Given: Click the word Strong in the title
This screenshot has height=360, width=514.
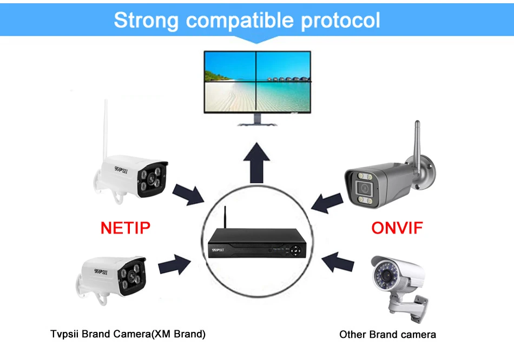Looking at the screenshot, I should pos(146,21).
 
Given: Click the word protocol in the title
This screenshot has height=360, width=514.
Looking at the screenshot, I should pos(340,21).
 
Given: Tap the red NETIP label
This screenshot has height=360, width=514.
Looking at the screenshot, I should pos(126,228).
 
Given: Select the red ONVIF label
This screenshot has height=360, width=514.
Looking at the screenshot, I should pos(397,228).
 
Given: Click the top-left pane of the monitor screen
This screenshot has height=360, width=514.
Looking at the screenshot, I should pos(230,65).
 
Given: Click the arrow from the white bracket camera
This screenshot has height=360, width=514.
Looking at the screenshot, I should pos(338,263).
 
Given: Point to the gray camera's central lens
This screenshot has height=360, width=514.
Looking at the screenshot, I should pos(363,189).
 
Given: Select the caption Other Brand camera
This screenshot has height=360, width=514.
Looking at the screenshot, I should pos(387,335).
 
